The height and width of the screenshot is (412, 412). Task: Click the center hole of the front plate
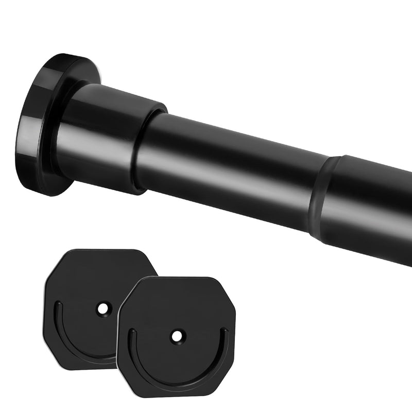click(x=177, y=336)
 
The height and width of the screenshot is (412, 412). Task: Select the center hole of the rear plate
click(x=103, y=309)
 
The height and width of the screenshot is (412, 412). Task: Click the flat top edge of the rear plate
click(x=98, y=251)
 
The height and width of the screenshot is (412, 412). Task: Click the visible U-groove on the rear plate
click(x=72, y=340)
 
